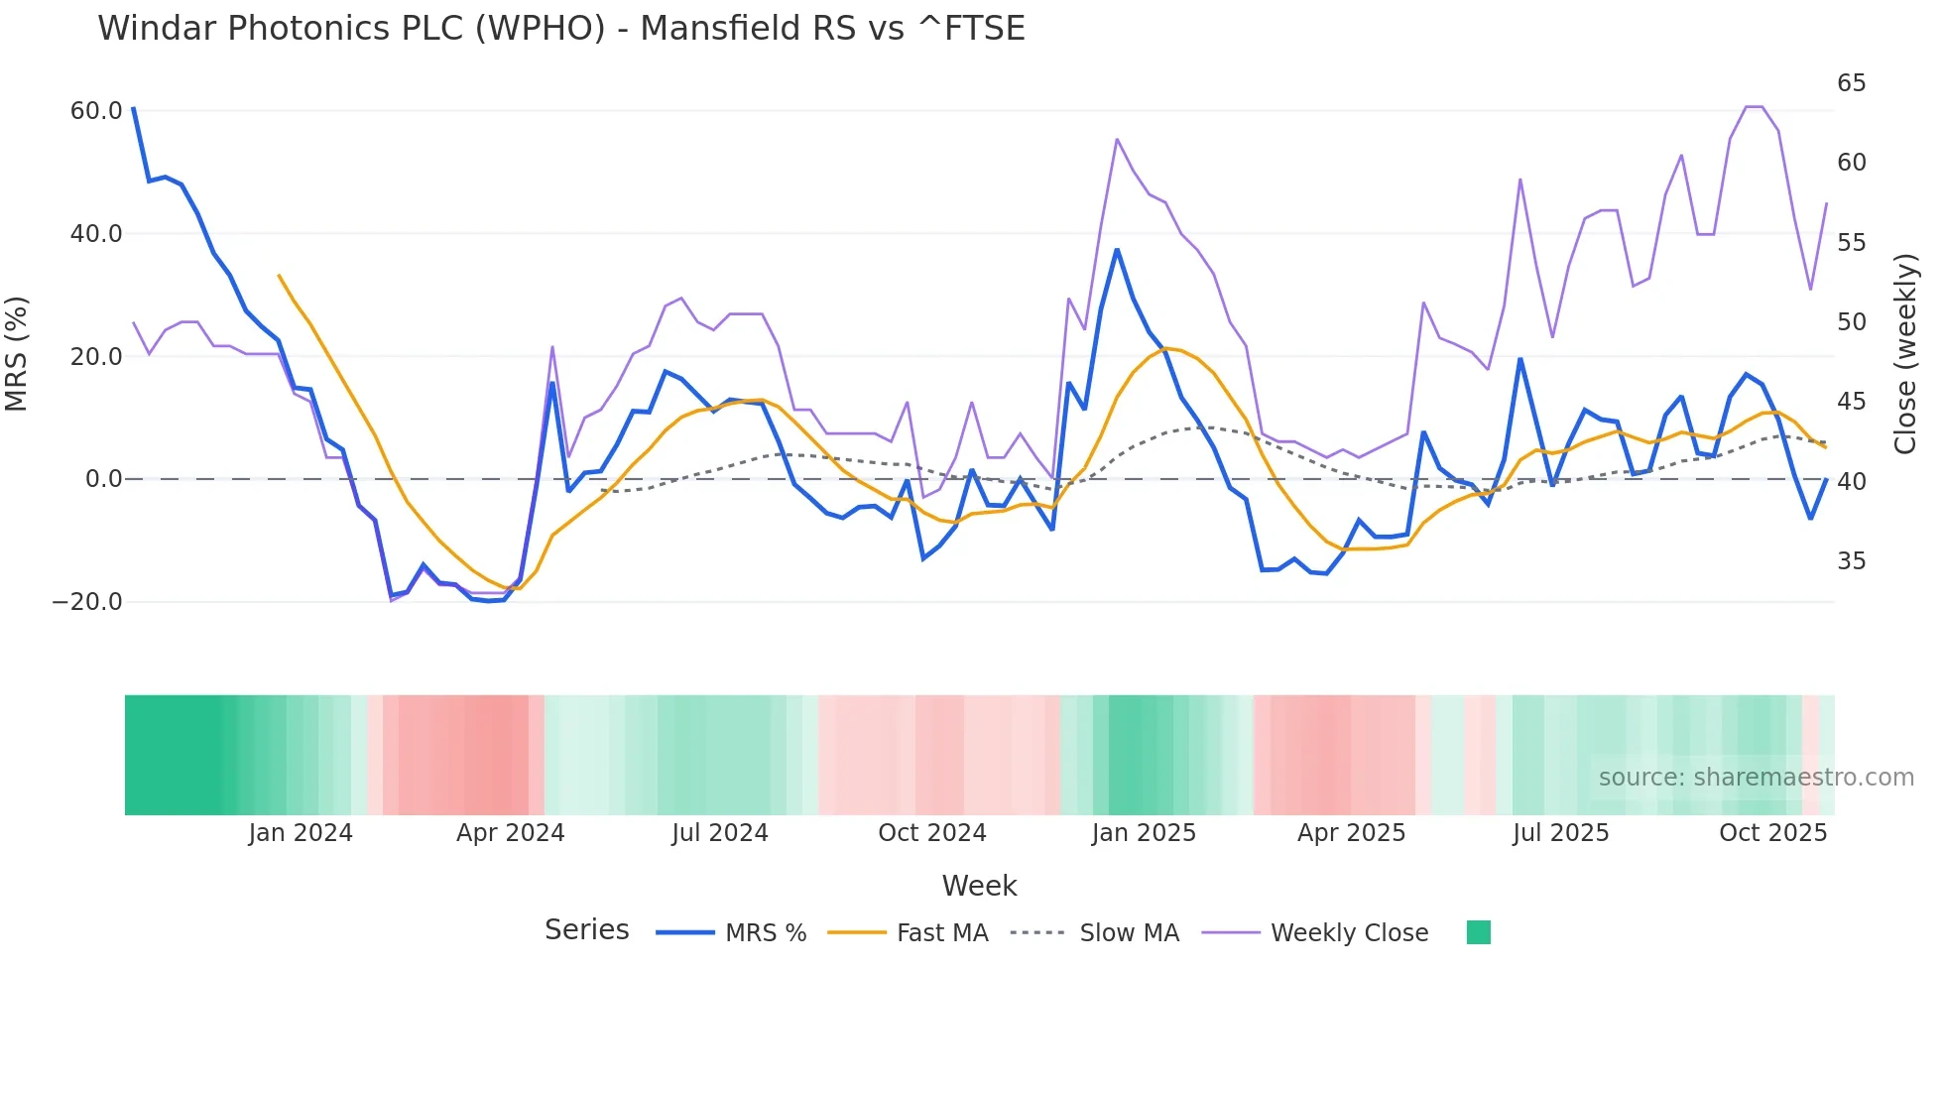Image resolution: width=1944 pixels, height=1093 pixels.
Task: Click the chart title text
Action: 560,29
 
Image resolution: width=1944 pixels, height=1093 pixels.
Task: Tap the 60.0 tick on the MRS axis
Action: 96,111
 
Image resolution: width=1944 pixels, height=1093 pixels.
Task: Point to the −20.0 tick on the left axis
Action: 87,602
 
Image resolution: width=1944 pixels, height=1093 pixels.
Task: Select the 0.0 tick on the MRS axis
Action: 104,479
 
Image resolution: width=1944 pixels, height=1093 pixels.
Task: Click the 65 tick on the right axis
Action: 1851,83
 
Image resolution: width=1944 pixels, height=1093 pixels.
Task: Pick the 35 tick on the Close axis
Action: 1851,561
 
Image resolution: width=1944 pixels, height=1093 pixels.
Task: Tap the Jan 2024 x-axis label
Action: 301,833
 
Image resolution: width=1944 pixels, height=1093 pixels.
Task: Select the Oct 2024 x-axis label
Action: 931,833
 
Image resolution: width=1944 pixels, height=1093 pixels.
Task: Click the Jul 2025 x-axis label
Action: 1560,833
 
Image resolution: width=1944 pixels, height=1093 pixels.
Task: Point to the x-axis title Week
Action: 979,886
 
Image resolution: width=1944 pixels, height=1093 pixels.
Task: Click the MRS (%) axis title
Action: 17,354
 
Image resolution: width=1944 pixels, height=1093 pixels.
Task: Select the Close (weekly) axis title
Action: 1905,354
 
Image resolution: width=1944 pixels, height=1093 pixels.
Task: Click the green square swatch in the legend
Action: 1478,932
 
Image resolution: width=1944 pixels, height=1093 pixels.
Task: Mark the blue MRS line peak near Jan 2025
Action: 1117,250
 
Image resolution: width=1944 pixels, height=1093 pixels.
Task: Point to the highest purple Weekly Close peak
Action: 1754,107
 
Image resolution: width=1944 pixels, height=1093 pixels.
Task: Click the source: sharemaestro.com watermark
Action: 1756,778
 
